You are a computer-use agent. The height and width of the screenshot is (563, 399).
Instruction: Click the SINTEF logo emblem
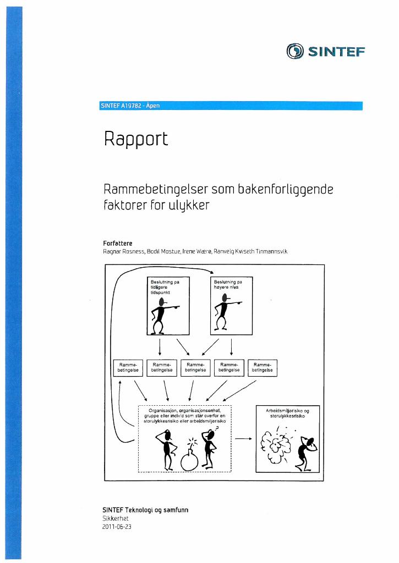tap(295, 51)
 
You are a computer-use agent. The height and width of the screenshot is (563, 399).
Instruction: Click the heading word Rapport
tap(136, 139)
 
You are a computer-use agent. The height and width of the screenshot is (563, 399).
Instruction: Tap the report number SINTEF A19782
tap(121, 106)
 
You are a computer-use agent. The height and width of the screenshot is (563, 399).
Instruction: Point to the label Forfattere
tap(118, 243)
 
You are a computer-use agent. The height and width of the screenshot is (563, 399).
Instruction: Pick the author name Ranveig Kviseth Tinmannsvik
tap(250, 251)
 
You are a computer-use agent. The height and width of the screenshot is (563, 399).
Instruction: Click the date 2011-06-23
tap(117, 527)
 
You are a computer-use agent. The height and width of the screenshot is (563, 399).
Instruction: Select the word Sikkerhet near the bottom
tap(116, 518)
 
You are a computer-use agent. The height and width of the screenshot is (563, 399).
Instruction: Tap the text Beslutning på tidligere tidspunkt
tap(165, 287)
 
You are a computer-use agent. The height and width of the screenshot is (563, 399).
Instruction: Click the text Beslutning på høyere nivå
tap(228, 284)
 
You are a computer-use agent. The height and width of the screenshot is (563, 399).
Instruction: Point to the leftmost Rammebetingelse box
tap(128, 368)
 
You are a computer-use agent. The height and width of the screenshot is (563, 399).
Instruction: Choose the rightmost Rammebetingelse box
tap(263, 368)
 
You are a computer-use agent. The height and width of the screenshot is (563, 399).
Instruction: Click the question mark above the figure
tap(216, 428)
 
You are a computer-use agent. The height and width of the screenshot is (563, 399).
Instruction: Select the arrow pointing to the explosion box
tap(243, 438)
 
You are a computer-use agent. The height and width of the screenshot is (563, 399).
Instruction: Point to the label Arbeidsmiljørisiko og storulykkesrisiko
tap(288, 413)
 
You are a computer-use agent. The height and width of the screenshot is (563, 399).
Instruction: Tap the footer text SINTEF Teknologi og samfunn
tap(145, 510)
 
